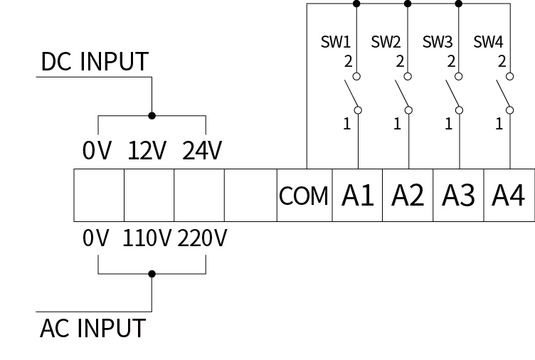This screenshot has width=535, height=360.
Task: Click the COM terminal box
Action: click(x=304, y=195)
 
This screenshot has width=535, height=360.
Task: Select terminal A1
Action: click(x=357, y=195)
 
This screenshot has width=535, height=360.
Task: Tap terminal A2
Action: click(x=408, y=195)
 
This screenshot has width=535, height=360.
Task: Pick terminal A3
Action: click(x=458, y=195)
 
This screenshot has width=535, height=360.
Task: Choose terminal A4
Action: click(x=509, y=195)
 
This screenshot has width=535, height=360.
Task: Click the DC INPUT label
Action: click(x=95, y=63)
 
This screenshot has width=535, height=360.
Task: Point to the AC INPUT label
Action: click(x=92, y=329)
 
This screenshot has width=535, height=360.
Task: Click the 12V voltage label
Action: click(x=147, y=152)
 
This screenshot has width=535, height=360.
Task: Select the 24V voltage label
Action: click(x=202, y=152)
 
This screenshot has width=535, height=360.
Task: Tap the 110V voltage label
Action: click(x=147, y=239)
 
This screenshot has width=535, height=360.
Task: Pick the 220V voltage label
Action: click(x=202, y=239)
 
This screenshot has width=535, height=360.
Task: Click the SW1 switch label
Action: click(x=335, y=41)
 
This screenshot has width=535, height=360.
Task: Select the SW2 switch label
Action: click(x=386, y=41)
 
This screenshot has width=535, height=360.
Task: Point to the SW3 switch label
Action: click(x=438, y=41)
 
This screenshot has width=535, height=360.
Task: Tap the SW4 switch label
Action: click(x=489, y=41)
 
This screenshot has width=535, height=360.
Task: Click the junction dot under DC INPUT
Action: click(x=152, y=115)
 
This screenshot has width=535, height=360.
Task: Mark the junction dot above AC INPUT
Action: click(x=152, y=273)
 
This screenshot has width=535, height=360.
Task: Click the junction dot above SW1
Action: click(x=357, y=4)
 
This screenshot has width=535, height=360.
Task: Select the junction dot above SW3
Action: click(x=458, y=4)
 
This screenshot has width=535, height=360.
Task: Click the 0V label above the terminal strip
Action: click(x=97, y=152)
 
